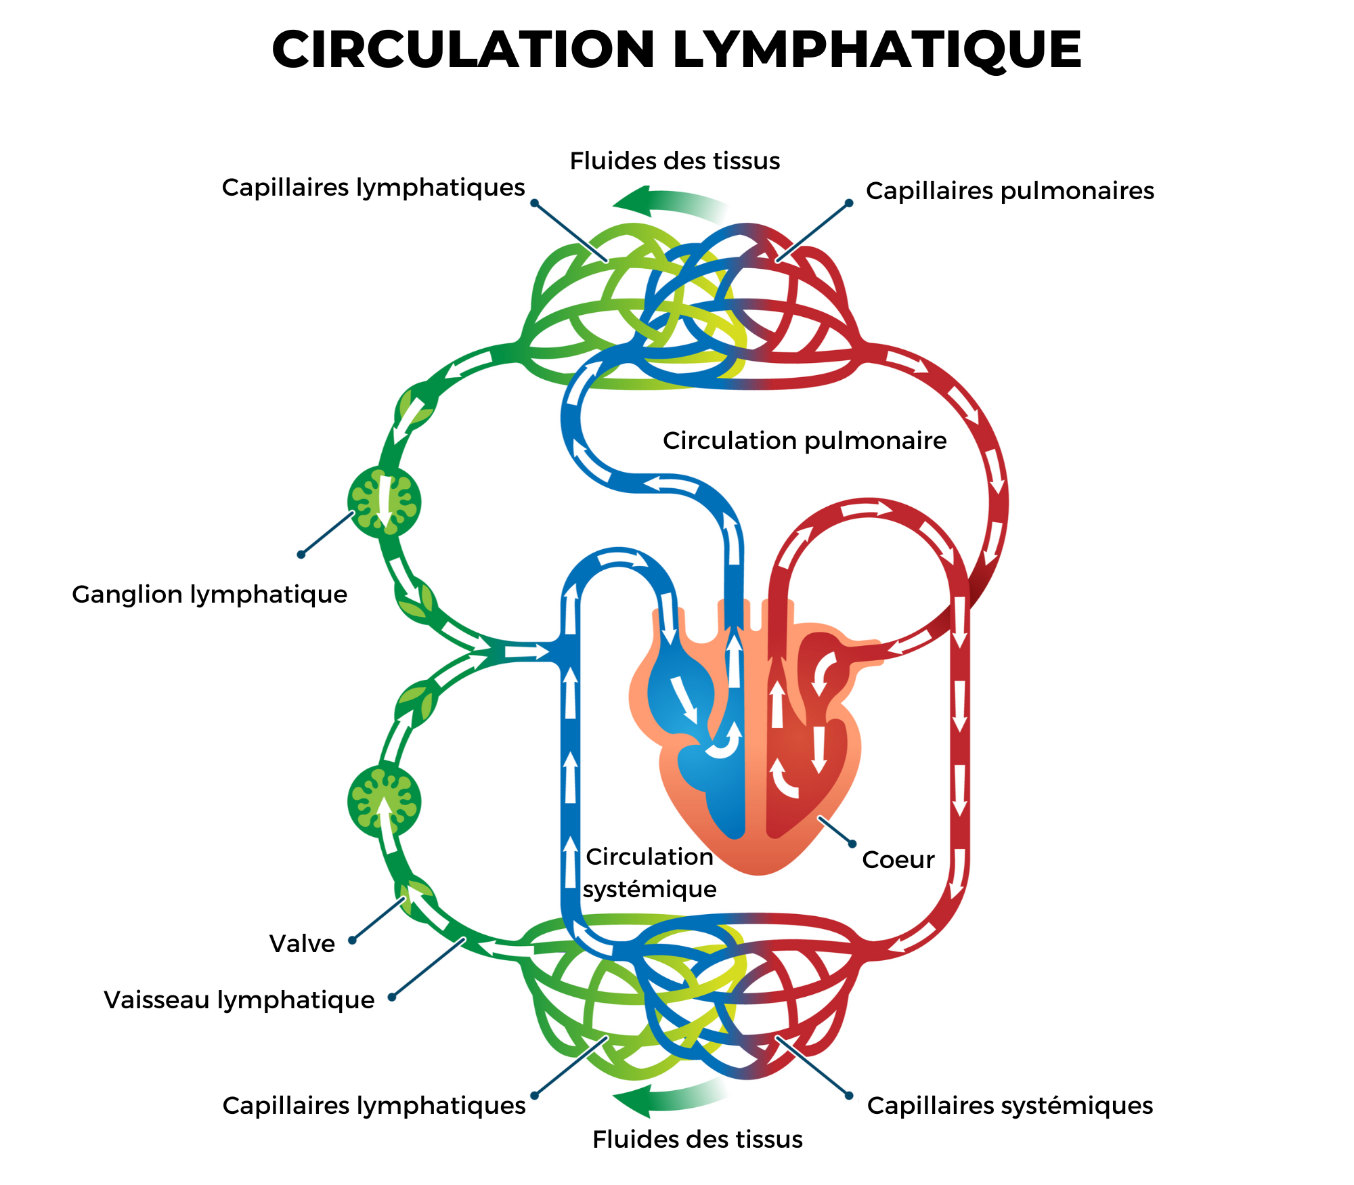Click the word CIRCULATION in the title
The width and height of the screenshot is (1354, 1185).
[463, 49]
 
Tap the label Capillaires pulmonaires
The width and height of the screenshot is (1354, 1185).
[1009, 191]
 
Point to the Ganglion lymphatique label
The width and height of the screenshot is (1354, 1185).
[209, 595]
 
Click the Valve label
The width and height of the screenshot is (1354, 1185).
[302, 944]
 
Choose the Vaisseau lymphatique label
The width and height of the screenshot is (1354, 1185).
[239, 1000]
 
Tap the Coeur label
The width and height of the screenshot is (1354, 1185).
[898, 860]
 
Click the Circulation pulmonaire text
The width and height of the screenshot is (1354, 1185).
[804, 441]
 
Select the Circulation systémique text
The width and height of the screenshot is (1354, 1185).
[649, 873]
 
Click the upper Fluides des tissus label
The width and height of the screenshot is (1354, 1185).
[674, 161]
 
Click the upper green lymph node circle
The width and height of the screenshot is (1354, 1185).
[384, 502]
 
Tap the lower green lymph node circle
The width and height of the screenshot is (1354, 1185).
[384, 802]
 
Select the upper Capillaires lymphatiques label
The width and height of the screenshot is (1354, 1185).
[373, 188]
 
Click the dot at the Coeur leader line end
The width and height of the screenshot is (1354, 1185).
[852, 844]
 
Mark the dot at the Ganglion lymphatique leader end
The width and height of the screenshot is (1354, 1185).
[301, 555]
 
